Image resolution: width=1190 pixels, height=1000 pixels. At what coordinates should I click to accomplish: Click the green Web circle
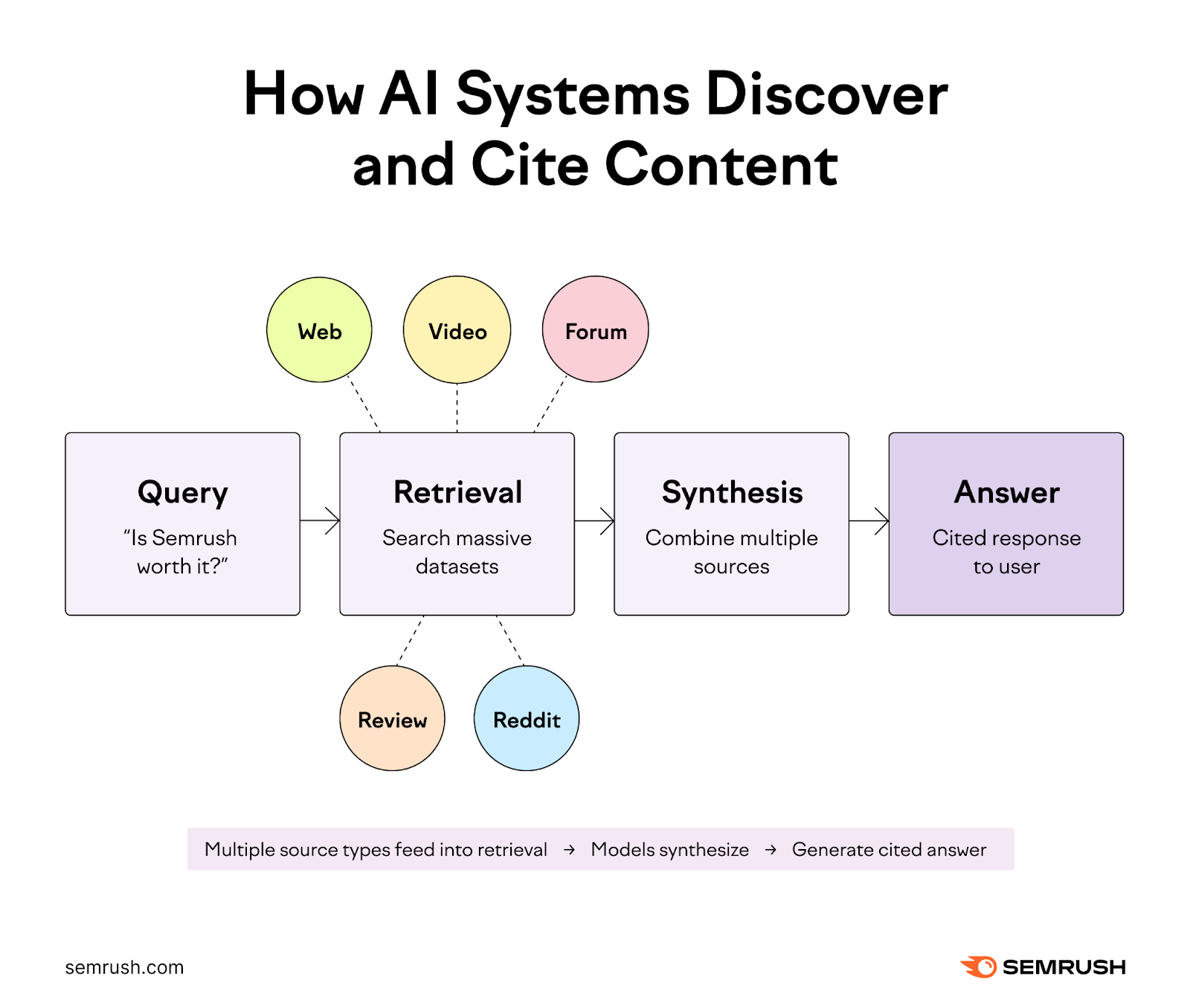319,330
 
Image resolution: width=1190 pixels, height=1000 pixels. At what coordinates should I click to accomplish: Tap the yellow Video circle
457,330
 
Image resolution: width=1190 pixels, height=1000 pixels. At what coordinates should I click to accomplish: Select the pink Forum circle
595,330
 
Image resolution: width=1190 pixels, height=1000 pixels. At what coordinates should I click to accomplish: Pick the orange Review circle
392,718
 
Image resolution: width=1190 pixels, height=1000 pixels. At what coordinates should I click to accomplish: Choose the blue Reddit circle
527,718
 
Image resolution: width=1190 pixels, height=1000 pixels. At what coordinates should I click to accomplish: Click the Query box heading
183,492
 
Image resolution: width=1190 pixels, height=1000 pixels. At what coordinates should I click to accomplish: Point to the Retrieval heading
457,492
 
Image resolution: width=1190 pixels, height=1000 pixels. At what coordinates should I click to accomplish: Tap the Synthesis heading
732,492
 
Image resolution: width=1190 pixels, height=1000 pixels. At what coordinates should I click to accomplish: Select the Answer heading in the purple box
1006,492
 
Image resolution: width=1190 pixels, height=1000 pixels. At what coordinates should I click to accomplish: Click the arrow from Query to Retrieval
321,520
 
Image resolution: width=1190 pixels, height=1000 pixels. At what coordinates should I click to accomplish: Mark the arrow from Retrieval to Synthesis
594,520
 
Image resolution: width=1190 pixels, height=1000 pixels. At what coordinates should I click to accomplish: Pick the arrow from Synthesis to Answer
869,520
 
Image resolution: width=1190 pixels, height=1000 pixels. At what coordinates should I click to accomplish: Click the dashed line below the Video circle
457,407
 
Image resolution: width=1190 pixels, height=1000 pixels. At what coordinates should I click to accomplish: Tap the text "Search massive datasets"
457,552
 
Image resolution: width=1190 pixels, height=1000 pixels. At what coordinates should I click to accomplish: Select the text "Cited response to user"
1006,552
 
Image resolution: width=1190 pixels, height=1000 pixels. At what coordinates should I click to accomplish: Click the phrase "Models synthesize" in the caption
669,849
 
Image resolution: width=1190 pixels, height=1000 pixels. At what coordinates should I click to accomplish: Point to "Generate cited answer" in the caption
889,849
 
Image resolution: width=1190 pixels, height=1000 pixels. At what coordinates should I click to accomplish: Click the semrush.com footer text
124,967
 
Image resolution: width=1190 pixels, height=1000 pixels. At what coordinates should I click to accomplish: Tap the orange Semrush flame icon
980,967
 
